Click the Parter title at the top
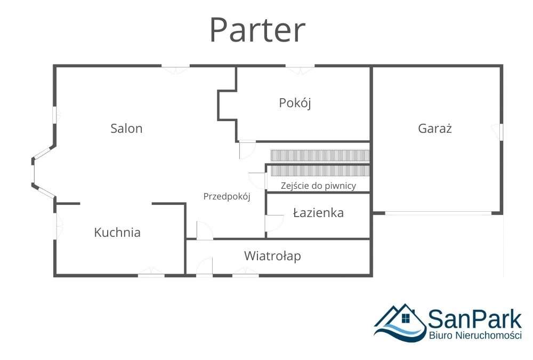(257, 30)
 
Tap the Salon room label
(126, 129)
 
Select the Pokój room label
(295, 103)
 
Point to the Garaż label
(435, 129)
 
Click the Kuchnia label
(117, 233)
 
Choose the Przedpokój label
(227, 196)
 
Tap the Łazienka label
(318, 213)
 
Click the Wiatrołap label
(272, 256)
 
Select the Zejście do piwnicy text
(318, 186)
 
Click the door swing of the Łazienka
(274, 222)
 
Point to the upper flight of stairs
(320, 155)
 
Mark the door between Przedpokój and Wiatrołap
(204, 231)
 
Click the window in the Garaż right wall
(500, 132)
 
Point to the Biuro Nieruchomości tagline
(475, 335)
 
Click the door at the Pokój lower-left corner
(247, 149)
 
